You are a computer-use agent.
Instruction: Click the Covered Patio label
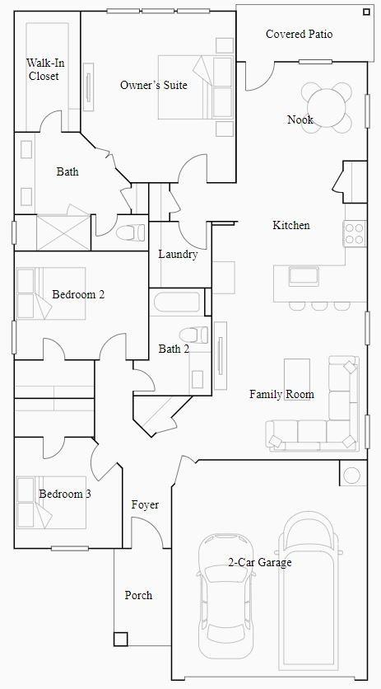[299, 34]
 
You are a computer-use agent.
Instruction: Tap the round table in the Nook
[327, 108]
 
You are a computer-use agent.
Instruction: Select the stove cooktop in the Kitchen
[355, 233]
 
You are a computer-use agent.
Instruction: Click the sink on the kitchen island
[304, 276]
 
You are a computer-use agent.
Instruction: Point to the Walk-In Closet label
[44, 69]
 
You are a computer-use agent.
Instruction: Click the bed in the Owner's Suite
[196, 87]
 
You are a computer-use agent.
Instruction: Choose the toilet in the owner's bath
[131, 231]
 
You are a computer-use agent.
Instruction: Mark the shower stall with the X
[63, 232]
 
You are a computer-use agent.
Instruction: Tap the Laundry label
[178, 254]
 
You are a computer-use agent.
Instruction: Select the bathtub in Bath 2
[177, 302]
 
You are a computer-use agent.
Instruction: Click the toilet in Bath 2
[194, 335]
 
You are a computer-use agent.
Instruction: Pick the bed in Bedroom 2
[51, 293]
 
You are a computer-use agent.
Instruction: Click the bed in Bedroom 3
[51, 502]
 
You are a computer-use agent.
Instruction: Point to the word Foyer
[145, 505]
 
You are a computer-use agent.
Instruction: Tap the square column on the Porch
[121, 639]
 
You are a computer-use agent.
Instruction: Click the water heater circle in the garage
[352, 475]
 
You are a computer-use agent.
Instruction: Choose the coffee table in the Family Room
[297, 379]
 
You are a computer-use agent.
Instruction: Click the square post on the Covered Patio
[366, 12]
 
